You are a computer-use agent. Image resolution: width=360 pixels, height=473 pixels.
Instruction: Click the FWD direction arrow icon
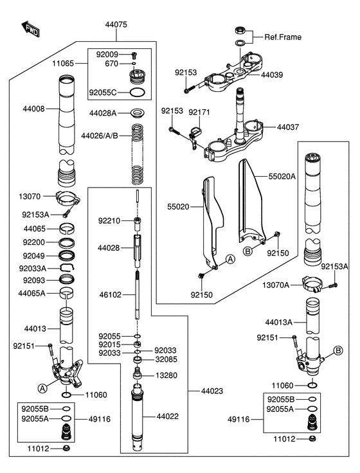(x=30, y=28)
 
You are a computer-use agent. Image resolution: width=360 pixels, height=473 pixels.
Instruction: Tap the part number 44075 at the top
(x=116, y=24)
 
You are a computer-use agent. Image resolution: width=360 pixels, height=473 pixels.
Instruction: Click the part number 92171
(x=199, y=112)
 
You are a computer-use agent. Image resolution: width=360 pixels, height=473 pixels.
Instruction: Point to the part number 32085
(x=165, y=361)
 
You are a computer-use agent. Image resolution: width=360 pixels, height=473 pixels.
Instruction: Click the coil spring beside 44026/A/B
(x=136, y=154)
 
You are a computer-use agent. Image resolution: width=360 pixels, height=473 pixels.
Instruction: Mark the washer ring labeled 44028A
(x=136, y=114)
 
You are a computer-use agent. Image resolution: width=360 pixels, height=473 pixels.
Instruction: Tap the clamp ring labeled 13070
(x=67, y=197)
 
